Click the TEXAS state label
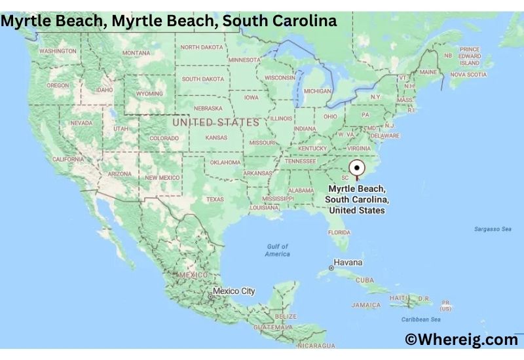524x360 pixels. pos(215,199)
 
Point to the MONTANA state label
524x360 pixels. pos(136,53)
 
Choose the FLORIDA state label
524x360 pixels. pos(339,232)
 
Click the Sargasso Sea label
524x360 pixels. pos(493,229)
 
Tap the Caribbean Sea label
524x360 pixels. pos(419,319)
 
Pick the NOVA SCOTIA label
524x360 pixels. pos(468,75)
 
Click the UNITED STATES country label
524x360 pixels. pos(215,122)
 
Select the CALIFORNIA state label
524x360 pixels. pos(68,159)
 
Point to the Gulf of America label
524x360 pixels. pos(278,250)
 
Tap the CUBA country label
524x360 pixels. pos(364,279)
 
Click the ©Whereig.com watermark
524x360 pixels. pos(461,339)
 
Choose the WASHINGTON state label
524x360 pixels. pos(58,50)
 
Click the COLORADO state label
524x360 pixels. pos(164,138)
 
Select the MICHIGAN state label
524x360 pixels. pos(318,91)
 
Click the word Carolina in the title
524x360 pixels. pos(305,20)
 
